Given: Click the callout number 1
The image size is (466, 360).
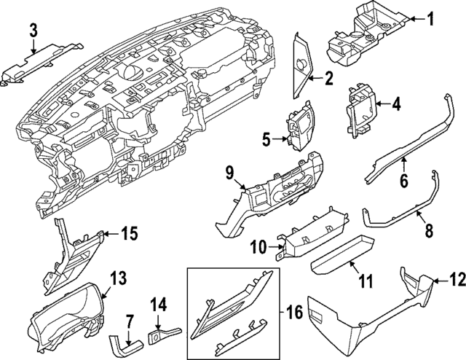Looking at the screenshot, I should coord(430,20).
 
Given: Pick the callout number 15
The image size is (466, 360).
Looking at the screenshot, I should coord(129,234).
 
